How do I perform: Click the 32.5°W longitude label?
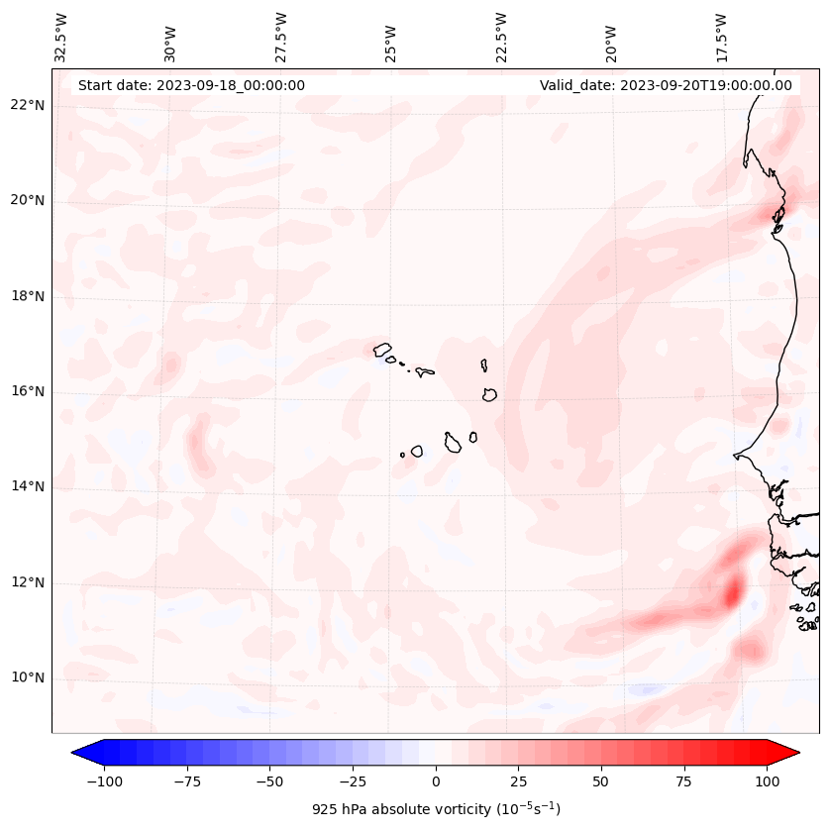(62, 38)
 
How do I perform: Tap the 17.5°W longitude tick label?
(722, 38)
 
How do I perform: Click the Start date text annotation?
(191, 85)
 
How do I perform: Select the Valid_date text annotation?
(666, 85)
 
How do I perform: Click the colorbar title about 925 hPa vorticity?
(436, 809)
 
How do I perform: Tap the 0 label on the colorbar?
(436, 781)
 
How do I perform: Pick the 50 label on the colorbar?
(601, 781)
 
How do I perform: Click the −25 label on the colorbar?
(353, 781)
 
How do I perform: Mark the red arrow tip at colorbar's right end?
(794, 754)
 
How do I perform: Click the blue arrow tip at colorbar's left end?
(77, 754)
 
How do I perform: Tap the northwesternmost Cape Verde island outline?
(382, 349)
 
